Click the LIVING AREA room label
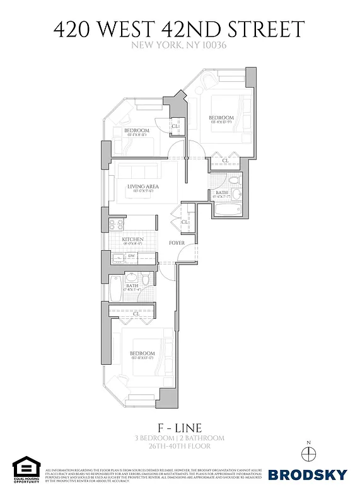coord(142,186)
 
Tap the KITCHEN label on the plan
coord(133,240)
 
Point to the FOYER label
coord(176,243)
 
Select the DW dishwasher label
coord(132,256)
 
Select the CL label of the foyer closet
coord(185,222)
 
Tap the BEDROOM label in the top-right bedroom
coord(221,118)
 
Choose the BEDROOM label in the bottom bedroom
coord(142,353)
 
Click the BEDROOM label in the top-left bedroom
coord(136,130)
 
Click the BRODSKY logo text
coord(308,474)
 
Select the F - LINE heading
coord(179,427)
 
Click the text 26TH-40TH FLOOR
coord(179,447)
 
